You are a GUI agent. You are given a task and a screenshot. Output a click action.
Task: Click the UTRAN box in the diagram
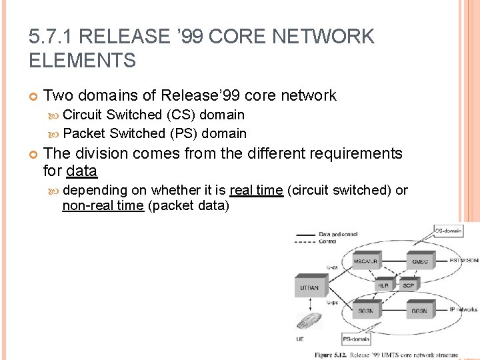pos(310,287)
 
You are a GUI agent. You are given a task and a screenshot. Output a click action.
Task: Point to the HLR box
pos(383,285)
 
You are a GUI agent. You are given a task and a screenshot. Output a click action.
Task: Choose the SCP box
pos(408,285)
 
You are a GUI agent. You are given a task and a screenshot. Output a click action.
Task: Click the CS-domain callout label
pos(449,231)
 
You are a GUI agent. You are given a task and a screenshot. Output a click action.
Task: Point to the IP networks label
pos(463,310)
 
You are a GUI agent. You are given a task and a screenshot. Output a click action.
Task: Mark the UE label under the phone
pos(301,339)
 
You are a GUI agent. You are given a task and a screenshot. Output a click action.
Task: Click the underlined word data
pos(82,171)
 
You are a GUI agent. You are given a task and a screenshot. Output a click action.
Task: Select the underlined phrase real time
pos(256,191)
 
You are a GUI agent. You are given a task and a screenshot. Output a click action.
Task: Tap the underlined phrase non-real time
pos(103,205)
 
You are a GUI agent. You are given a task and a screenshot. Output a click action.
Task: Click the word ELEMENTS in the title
pos(83,60)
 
